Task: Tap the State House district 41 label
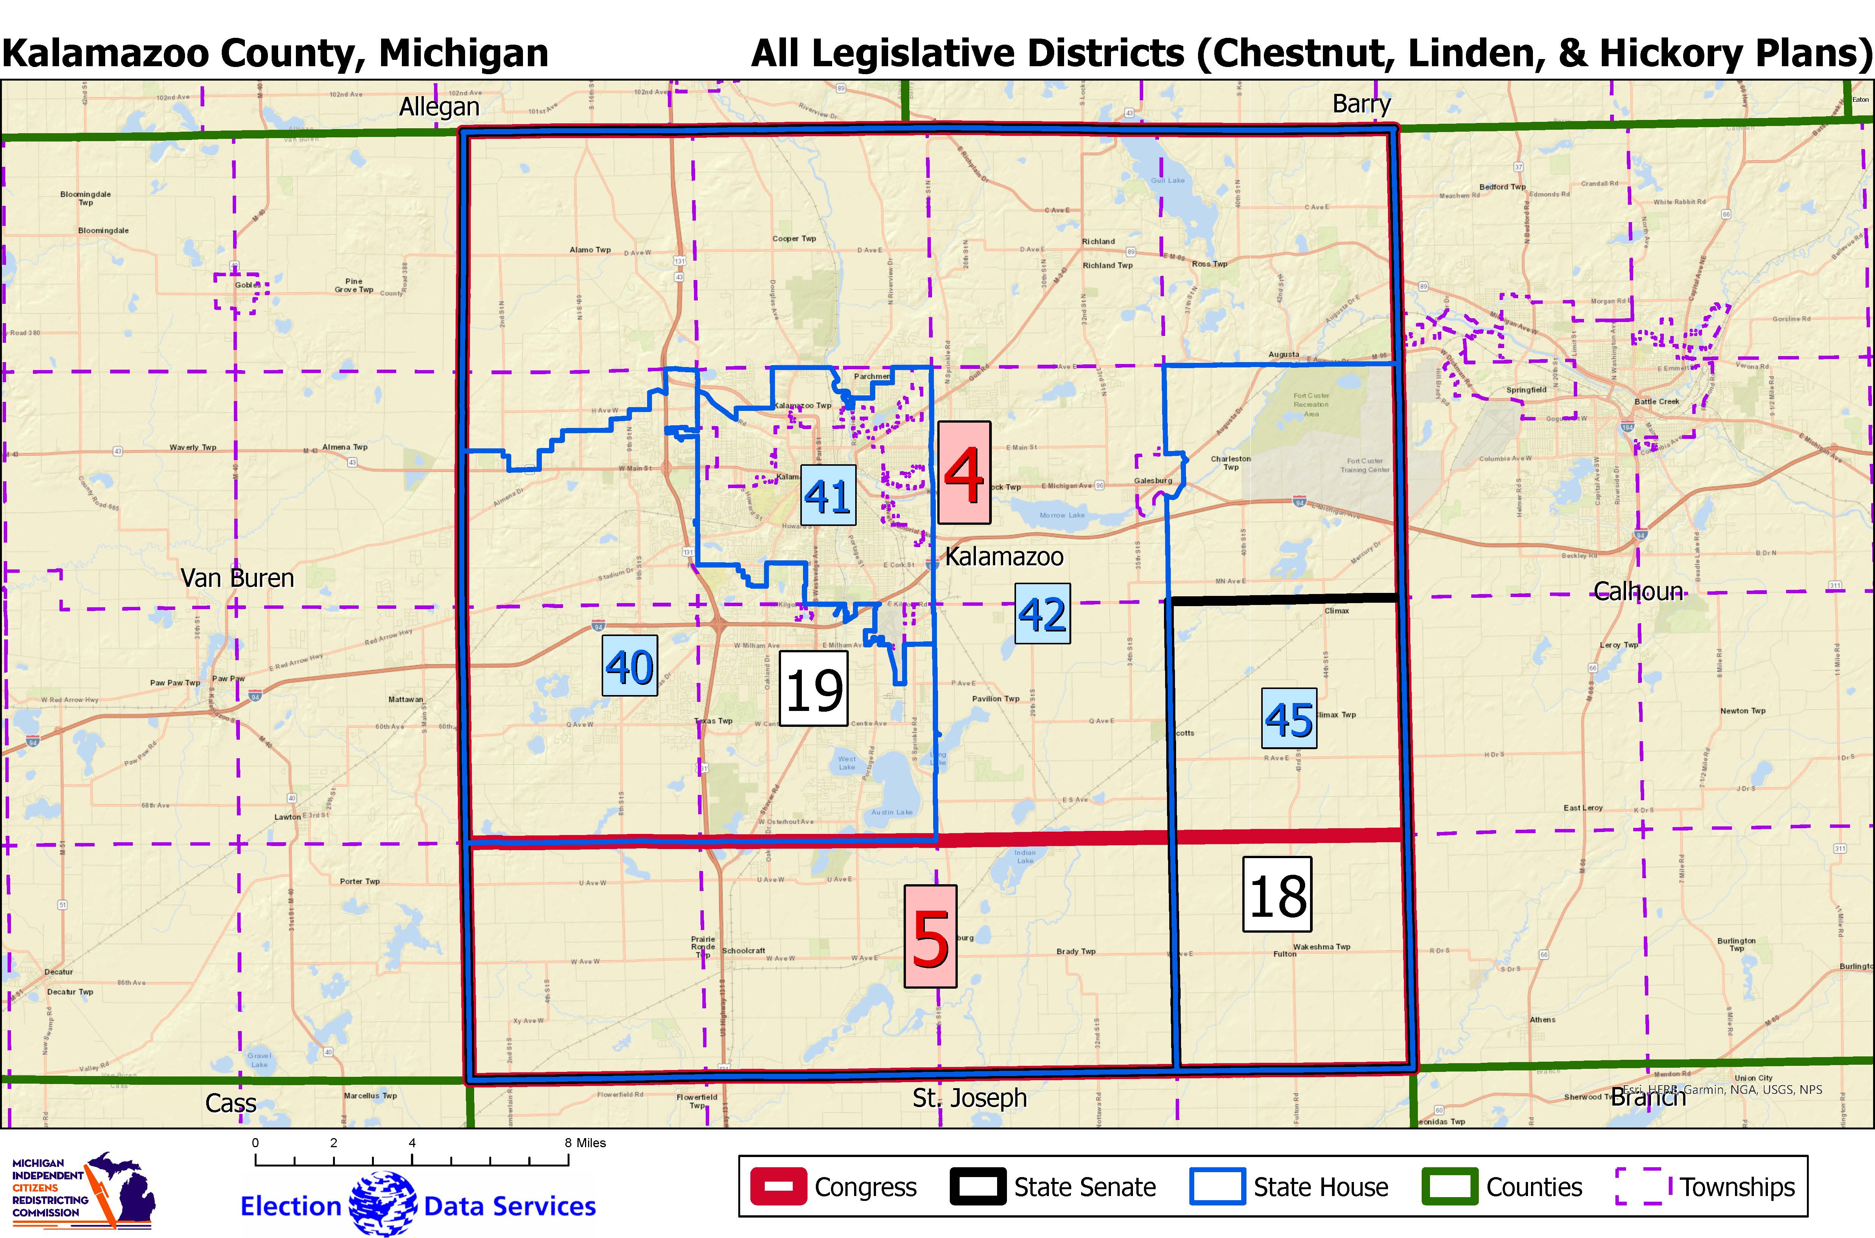click(827, 495)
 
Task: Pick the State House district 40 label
click(629, 666)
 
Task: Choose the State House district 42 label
click(1042, 613)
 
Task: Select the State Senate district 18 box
click(1277, 894)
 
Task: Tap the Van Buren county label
click(237, 578)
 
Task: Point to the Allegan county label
click(439, 107)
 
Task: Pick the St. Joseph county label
click(969, 1098)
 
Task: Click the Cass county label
click(230, 1103)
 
